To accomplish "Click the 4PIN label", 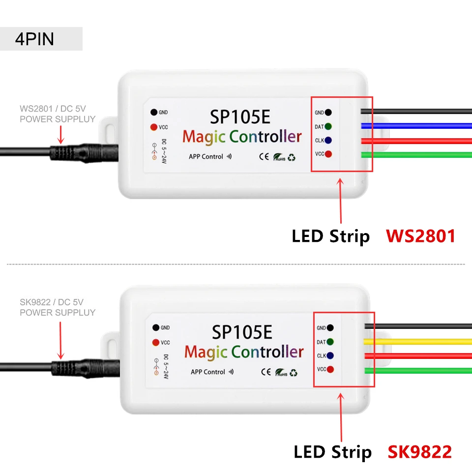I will coord(34,39).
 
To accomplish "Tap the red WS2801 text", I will coord(420,236).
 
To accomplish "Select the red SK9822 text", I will coord(420,452).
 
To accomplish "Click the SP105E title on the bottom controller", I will coord(242,332).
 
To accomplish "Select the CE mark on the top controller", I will coord(263,157).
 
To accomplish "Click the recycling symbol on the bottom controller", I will coord(293,372).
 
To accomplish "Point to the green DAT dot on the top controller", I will coord(328,126).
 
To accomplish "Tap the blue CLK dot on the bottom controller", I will coord(330,355).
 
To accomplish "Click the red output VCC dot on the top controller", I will coord(328,154).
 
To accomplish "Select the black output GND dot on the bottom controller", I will coord(330,327).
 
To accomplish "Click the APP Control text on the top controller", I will coord(206,157).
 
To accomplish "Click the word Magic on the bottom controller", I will coord(206,352).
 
